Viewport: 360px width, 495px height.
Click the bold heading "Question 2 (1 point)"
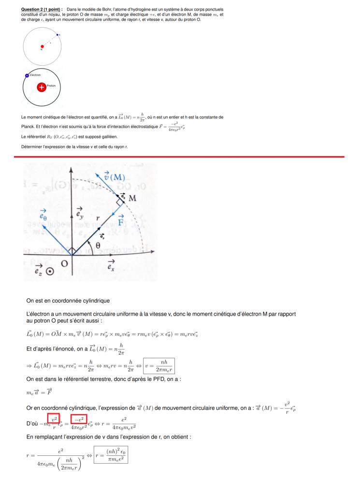pos(42,10)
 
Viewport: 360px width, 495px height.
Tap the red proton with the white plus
pos(42,87)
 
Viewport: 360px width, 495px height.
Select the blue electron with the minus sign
pos(27,75)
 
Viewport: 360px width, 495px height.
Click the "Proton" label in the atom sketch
pos(52,86)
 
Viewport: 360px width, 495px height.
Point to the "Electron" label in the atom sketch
pos(35,75)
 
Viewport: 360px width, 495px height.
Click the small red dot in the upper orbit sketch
pos(42,47)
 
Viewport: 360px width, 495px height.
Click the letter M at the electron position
pos(132,198)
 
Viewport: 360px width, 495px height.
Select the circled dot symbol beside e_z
pos(50,272)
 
